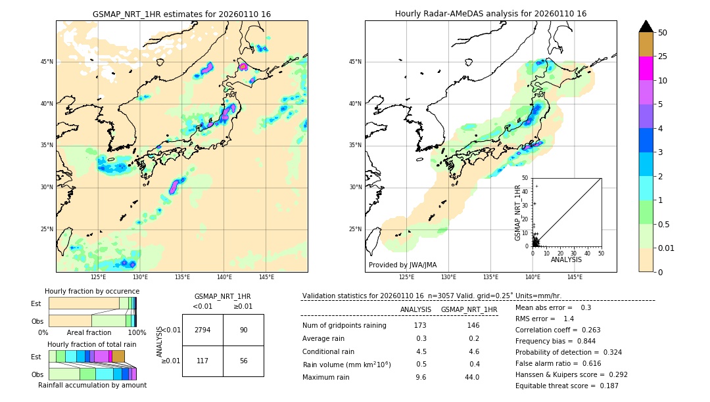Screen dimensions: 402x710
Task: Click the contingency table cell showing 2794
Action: [x=202, y=330]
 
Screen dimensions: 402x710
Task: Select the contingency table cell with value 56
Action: [x=243, y=361]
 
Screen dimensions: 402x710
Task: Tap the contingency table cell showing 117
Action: [x=202, y=361]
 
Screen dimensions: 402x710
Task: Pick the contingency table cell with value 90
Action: [x=243, y=330]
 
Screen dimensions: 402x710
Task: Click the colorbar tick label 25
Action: [x=663, y=56]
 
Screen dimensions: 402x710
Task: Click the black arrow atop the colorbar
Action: [x=646, y=26]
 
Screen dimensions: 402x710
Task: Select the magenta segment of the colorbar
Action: [x=646, y=68]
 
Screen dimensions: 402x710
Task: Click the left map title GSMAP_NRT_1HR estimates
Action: [x=181, y=14]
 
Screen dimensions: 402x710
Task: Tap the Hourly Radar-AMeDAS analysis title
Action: [x=490, y=14]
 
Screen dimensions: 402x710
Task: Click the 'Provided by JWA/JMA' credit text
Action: [x=402, y=265]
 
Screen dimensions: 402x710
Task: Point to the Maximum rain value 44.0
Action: [x=471, y=377]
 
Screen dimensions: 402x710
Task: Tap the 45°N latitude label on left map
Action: [x=47, y=62]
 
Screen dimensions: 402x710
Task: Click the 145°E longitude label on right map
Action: [x=575, y=277]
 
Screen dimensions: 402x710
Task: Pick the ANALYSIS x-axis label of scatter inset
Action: [x=566, y=259]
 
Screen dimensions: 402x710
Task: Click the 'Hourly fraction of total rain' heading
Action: [x=92, y=344]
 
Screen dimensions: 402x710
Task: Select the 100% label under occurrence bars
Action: [x=136, y=332]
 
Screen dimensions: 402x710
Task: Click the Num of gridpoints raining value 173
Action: [x=420, y=325]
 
